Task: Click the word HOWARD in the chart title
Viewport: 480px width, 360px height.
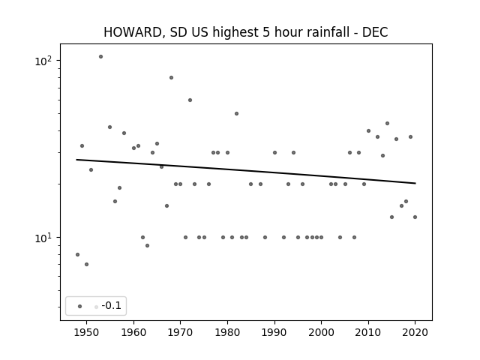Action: click(x=133, y=32)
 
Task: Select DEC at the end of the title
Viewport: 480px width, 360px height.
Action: click(x=375, y=32)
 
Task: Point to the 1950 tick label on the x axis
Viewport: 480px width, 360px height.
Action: click(x=87, y=332)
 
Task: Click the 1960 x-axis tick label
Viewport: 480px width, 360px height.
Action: click(x=133, y=332)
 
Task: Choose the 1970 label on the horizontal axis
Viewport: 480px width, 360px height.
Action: click(x=180, y=332)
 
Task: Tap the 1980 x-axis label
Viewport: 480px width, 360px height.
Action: click(x=227, y=332)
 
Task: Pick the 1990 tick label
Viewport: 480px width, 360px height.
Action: click(x=274, y=332)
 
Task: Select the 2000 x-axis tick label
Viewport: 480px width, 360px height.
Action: click(x=321, y=332)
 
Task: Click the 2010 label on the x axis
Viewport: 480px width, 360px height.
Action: click(x=368, y=332)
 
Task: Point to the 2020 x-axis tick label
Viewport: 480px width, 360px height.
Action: click(x=415, y=332)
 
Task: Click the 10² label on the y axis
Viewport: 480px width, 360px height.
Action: click(x=43, y=61)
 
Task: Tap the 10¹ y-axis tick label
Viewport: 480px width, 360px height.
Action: click(x=43, y=238)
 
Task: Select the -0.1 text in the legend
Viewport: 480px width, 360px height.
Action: click(x=112, y=305)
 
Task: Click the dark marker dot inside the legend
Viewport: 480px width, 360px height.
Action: click(x=80, y=307)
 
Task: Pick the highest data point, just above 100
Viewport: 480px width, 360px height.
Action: click(x=100, y=57)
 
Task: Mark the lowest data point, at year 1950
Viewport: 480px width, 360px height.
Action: click(x=87, y=265)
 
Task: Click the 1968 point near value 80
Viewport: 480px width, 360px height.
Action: click(x=172, y=78)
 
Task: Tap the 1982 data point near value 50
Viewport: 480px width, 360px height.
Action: click(x=237, y=114)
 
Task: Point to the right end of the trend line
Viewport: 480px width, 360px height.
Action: click(x=415, y=183)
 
